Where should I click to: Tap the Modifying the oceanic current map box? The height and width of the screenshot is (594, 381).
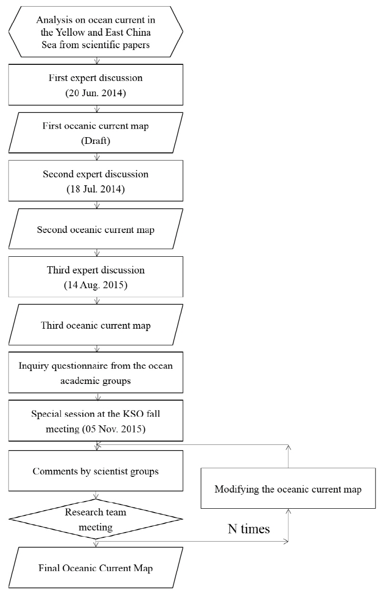pyautogui.click(x=289, y=489)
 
